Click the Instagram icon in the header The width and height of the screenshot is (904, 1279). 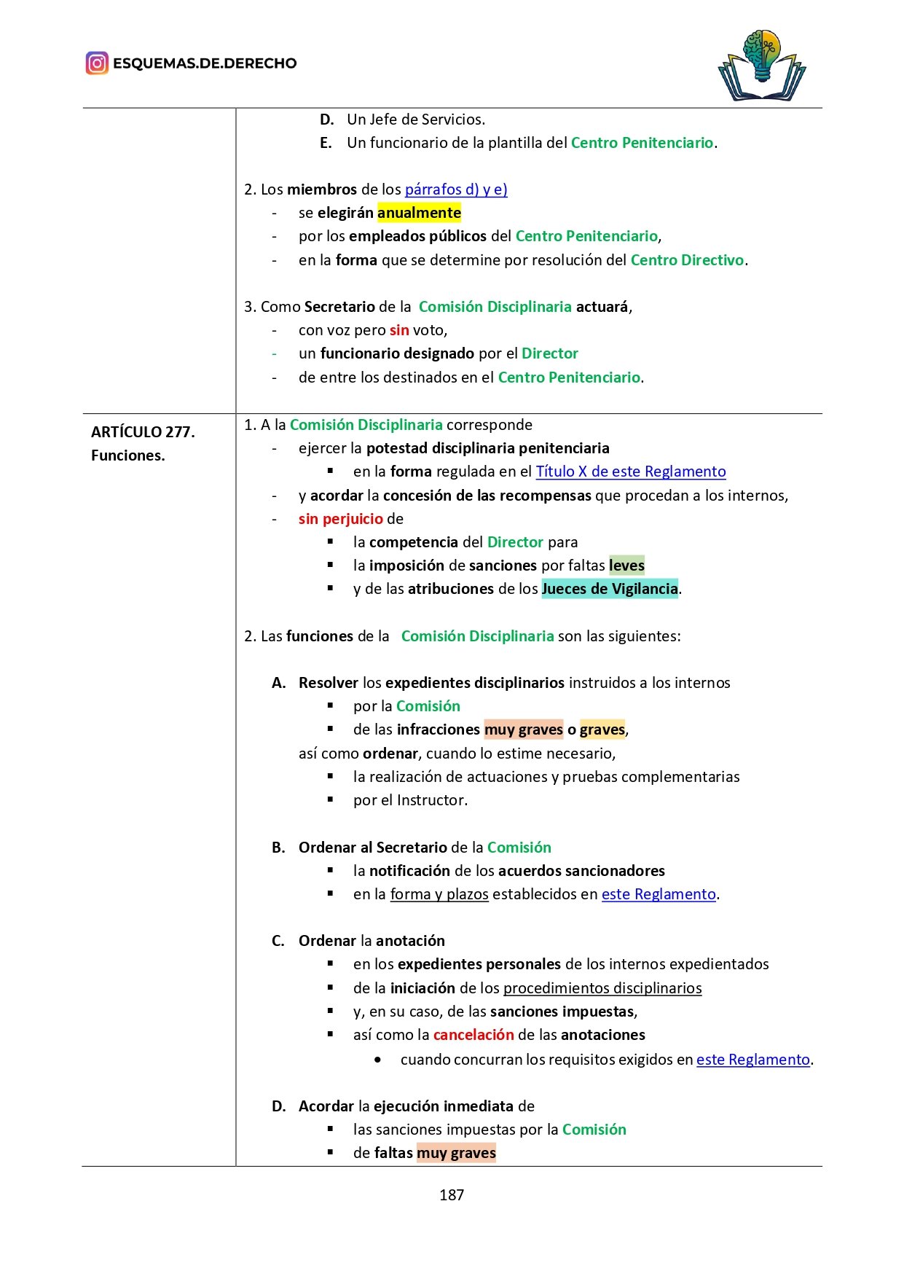tap(97, 63)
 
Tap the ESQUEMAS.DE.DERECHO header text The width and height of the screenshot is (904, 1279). tap(205, 63)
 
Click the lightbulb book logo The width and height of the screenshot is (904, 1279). tap(762, 66)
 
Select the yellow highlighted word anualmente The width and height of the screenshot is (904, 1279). tap(419, 213)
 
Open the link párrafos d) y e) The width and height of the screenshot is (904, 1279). tap(456, 189)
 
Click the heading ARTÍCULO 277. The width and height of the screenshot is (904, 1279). tap(143, 432)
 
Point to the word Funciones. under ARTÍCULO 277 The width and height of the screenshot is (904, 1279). tap(128, 455)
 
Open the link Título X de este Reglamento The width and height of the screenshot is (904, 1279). tap(631, 472)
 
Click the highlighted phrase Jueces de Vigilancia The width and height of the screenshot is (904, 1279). tap(610, 589)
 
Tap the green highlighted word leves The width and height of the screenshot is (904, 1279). tap(626, 566)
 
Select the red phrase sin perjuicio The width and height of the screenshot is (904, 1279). tap(340, 519)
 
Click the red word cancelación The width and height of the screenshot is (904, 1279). tap(473, 1035)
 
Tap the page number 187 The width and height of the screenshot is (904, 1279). tap(452, 1194)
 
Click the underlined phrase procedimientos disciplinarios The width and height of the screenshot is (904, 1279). tap(602, 988)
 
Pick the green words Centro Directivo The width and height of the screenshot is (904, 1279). tap(687, 260)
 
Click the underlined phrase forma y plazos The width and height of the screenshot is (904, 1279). tap(439, 894)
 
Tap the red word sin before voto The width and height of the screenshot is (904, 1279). tap(399, 330)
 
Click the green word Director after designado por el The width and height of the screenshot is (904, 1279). tap(549, 353)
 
